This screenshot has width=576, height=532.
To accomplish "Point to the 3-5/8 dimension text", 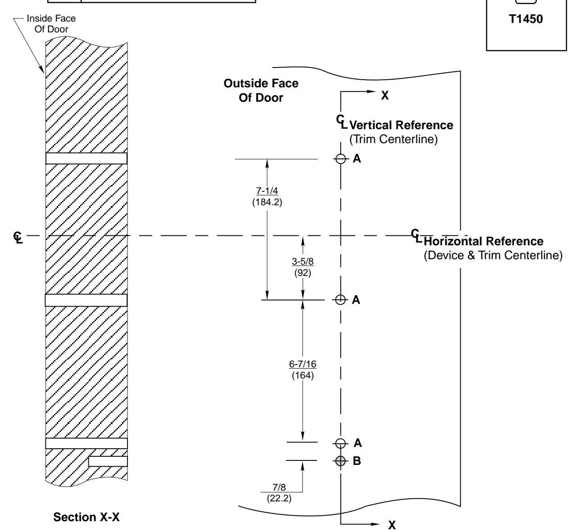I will pos(302,261).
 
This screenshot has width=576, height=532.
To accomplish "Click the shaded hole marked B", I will pos(340,460).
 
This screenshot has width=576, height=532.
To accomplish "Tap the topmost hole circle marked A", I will pos(340,159).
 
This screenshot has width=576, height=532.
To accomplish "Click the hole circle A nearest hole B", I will pos(340,443).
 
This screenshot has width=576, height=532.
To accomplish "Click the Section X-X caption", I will pos(87,518).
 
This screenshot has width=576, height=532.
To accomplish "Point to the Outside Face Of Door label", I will pos(261,90).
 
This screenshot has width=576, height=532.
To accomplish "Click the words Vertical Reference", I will pos(401,125).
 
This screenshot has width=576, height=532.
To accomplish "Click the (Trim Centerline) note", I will pos(394,139).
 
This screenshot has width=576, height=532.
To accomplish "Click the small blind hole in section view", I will pos(108,461).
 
